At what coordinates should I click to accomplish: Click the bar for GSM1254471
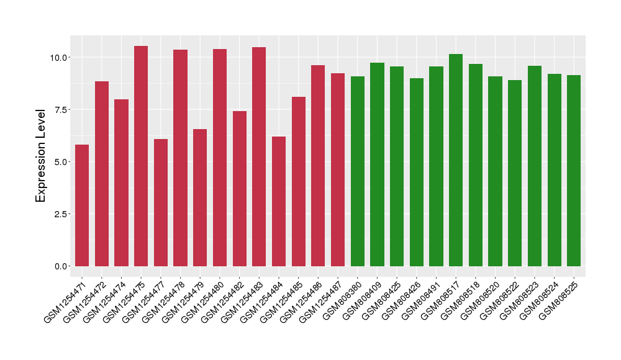coord(82,205)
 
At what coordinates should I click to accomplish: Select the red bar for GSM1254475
coord(141,156)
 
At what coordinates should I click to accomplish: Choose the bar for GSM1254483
coord(259,156)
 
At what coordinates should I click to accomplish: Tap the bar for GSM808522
coord(515,173)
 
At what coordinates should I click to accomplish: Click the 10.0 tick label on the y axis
coord(60,58)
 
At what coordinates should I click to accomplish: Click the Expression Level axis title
coord(41,156)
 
